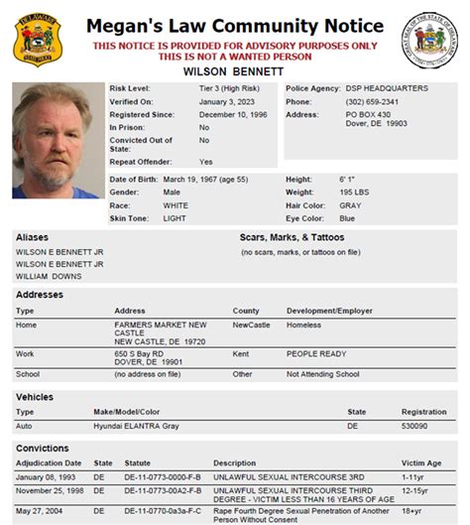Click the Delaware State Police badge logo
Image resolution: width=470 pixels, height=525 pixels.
tap(36, 39)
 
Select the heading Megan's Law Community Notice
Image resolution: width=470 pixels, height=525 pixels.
tap(234, 24)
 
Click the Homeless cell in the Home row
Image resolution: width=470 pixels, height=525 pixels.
tap(304, 325)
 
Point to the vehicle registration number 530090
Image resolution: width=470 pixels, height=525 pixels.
tap(415, 425)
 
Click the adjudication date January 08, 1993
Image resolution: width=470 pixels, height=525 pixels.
tap(45, 476)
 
